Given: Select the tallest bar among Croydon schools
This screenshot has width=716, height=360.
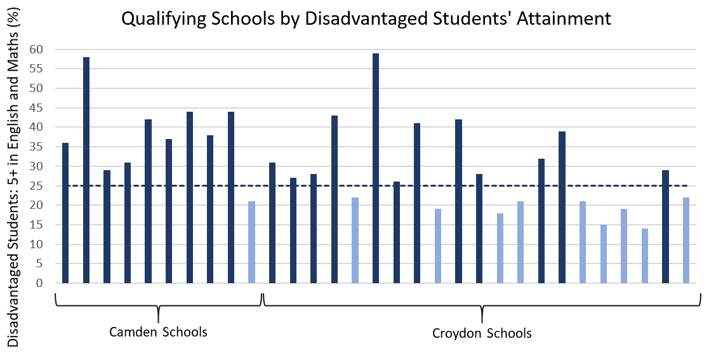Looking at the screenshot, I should tap(376, 168).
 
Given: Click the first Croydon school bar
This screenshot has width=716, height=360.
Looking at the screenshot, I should tap(272, 223).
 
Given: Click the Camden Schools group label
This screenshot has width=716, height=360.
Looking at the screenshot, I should tap(158, 332).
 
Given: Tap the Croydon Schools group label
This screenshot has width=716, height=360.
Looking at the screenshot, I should tap(482, 333).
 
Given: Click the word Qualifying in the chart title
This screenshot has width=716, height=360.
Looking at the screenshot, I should tap(157, 20).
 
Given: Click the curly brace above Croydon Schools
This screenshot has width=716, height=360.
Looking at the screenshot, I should tap(482, 308).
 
